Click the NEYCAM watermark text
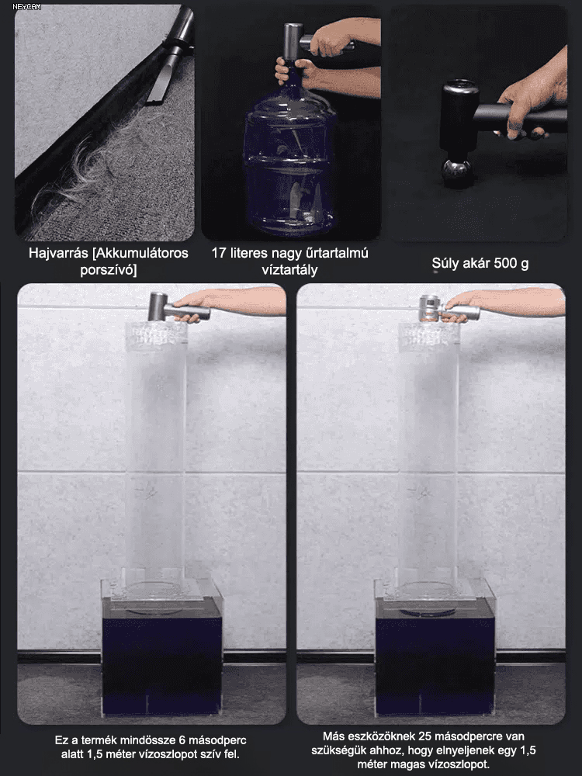pos(26,7)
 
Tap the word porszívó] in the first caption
pos(109,270)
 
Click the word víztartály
pos(289,270)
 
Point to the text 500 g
pos(511,263)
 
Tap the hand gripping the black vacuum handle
pos(532,99)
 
